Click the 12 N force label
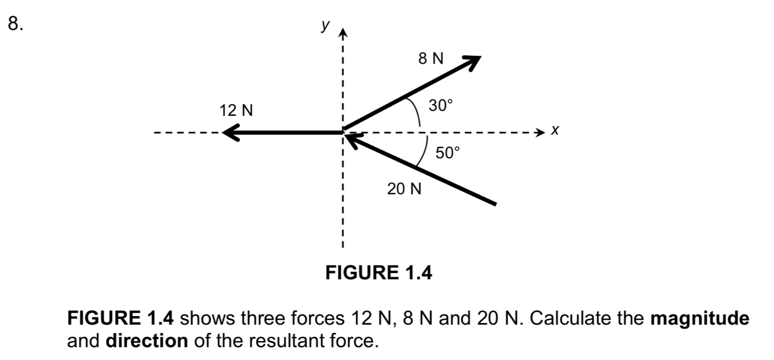[x=237, y=110]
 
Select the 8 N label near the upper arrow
[x=431, y=59]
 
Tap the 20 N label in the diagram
[x=404, y=189]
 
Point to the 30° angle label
[x=441, y=105]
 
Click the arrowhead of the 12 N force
[x=230, y=131]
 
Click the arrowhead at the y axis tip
[x=343, y=34]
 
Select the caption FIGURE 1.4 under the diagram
[x=378, y=273]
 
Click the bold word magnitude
[x=700, y=319]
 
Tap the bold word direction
[x=147, y=341]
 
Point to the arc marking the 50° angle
[x=423, y=151]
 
